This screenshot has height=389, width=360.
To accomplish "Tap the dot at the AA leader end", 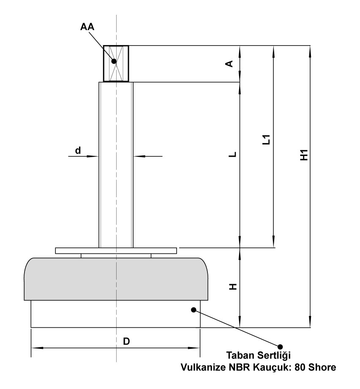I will [x=114, y=61].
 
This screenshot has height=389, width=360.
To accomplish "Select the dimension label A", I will [x=229, y=63].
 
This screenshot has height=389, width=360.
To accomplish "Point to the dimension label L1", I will [x=266, y=140].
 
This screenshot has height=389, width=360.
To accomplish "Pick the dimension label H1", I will [x=303, y=155].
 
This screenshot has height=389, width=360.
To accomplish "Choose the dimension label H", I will [x=232, y=287].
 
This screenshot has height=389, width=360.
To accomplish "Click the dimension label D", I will [x=126, y=342].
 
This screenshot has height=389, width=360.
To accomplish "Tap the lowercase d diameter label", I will [x=78, y=150].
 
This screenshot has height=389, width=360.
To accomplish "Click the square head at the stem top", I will [x=116, y=63].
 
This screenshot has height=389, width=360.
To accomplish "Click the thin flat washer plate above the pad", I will [x=116, y=250].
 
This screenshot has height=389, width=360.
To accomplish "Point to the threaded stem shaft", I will [x=116, y=165].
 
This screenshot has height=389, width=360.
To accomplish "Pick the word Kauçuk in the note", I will [x=270, y=367].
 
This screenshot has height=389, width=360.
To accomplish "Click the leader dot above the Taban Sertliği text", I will [x=279, y=346].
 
